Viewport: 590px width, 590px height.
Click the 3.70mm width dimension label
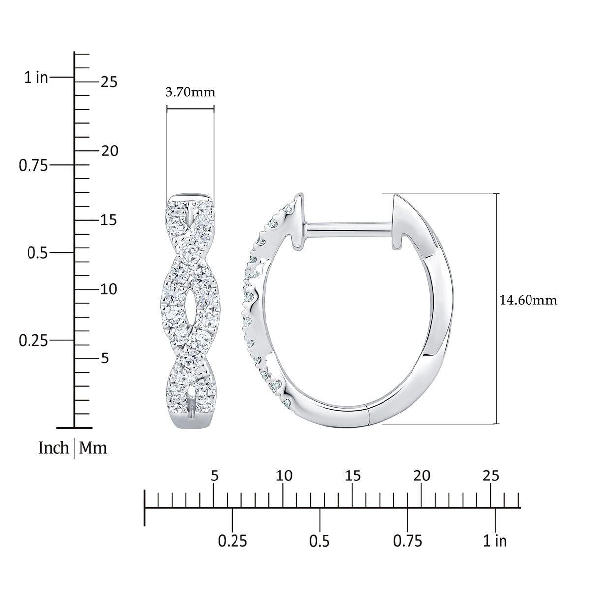pos(190,92)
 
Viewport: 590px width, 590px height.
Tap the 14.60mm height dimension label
pos(528,300)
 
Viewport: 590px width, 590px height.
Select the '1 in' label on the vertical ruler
pos(36,78)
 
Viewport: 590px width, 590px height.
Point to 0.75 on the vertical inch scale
pos(33,166)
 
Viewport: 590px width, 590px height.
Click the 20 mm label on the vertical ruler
pos(109,151)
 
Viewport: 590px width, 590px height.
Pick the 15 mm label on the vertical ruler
pos(109,220)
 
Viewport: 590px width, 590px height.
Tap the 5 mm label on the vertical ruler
pos(105,358)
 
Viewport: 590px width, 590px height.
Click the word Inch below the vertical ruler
pos(54,448)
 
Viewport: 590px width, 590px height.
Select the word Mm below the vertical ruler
pos(93,448)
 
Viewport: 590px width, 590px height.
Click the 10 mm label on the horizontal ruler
pos(284,476)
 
